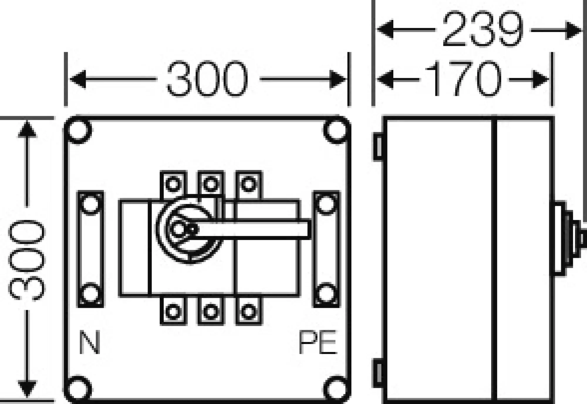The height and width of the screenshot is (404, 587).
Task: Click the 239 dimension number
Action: coord(483,29)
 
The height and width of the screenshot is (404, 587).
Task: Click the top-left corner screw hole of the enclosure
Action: coord(79,130)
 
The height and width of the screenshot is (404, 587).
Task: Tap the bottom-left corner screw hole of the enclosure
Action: coord(79,389)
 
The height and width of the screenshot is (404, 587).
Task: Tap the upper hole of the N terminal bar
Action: coord(90,204)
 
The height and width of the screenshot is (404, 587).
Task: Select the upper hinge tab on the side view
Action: coord(378,147)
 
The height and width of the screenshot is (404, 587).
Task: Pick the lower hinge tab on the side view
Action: coord(378,373)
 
